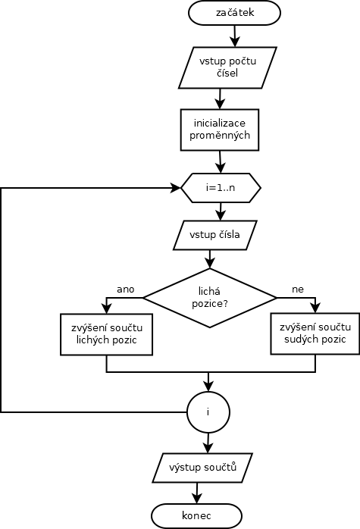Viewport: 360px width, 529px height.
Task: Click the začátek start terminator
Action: [234, 13]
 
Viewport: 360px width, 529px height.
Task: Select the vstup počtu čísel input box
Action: [227, 67]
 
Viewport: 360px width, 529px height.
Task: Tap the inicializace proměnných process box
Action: [220, 130]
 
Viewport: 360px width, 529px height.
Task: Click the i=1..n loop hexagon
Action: [221, 188]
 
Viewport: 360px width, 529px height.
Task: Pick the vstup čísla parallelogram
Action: [215, 235]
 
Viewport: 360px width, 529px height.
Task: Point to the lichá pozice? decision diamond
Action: [209, 298]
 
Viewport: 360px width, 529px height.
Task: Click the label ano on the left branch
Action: [126, 290]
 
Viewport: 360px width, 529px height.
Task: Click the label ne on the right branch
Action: [298, 290]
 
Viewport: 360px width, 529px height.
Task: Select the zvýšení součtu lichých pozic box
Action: [106, 334]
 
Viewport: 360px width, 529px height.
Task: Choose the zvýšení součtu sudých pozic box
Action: [315, 333]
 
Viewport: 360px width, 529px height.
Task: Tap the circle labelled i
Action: [208, 412]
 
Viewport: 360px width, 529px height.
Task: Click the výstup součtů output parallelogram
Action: [202, 468]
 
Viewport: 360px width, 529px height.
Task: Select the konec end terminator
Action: [197, 516]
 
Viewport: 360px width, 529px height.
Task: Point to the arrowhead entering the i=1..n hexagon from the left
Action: [176, 188]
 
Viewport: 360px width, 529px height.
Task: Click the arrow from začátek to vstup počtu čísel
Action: [235, 36]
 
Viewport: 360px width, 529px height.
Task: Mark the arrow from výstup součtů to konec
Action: [197, 493]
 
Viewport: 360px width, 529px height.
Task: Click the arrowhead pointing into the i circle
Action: [208, 387]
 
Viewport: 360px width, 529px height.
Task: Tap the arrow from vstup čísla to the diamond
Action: [210, 259]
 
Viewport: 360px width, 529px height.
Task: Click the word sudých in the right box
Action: [299, 339]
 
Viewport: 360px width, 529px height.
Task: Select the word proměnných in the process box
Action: [220, 136]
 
